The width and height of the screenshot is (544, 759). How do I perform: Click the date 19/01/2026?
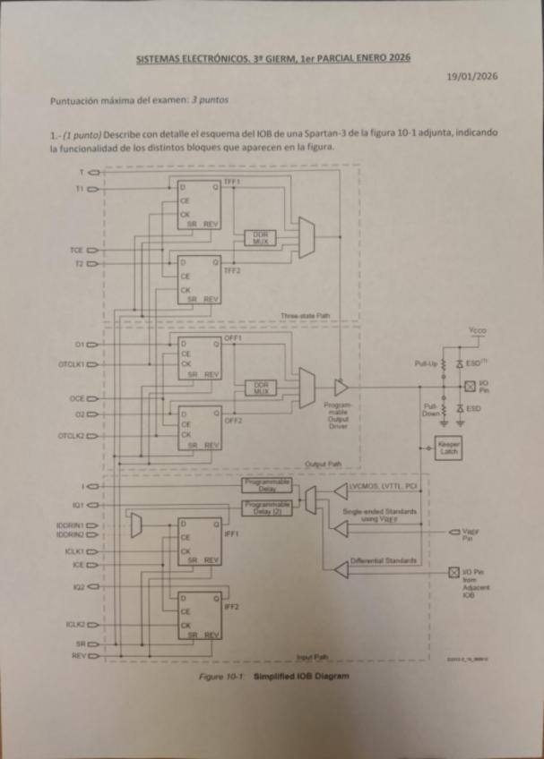[471, 76]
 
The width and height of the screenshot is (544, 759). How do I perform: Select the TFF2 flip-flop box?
[198, 279]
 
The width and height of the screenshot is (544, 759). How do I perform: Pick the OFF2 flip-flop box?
[198, 428]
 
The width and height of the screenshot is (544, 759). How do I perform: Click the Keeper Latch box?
[446, 448]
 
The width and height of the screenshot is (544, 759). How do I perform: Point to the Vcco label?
[477, 333]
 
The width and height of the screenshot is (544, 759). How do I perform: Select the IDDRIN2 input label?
[69, 534]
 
